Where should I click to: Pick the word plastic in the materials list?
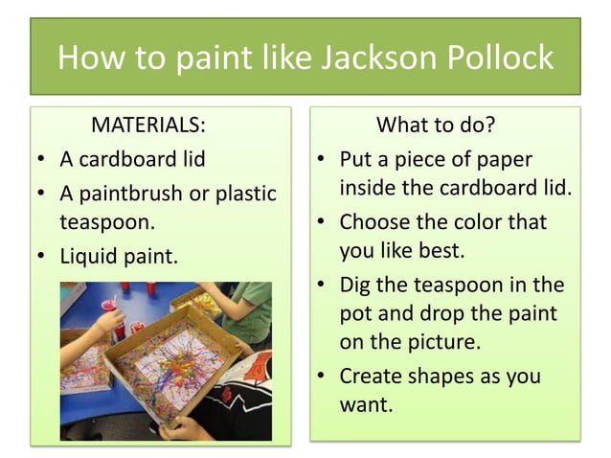click(x=245, y=194)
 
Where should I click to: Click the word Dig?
click(x=356, y=286)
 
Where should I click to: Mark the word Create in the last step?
click(x=372, y=376)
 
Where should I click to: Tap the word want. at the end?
click(x=367, y=404)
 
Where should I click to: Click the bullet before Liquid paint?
click(x=42, y=257)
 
